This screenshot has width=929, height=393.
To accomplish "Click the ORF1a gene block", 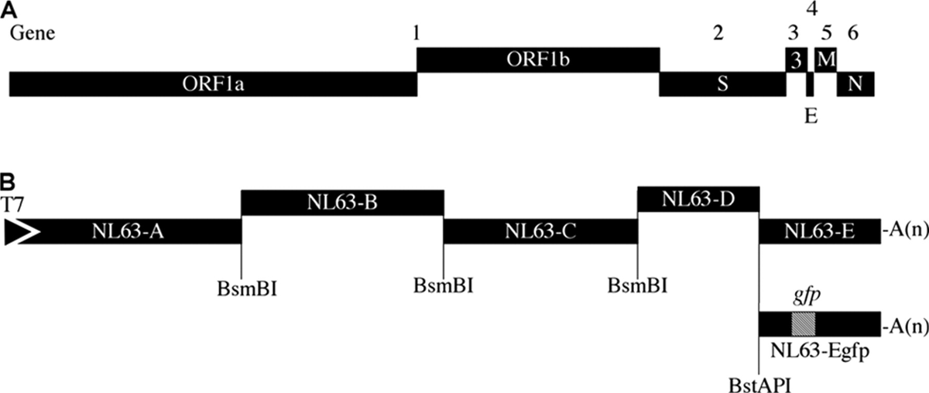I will point(213,84).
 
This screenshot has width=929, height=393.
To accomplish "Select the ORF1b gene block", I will point(537,60).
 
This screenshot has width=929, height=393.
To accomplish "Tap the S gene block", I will point(722,84).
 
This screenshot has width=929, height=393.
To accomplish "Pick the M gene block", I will point(826,60).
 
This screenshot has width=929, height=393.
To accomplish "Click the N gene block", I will point(855,84).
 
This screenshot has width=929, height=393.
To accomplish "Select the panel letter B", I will point(9,184).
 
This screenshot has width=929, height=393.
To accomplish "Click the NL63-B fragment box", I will point(342,203).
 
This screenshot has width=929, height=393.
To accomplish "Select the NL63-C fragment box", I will point(540,231).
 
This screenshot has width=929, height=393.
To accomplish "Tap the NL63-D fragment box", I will point(698,201).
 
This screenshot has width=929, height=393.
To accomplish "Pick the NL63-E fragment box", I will point(819,231).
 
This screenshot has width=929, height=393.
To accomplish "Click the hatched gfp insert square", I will point(803,323).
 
